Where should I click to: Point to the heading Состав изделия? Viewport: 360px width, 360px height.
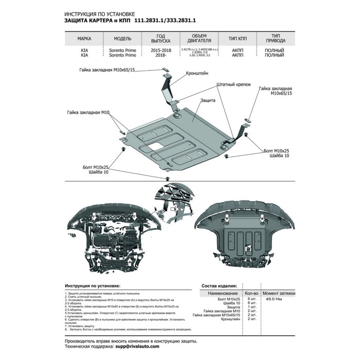coord(219,285)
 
